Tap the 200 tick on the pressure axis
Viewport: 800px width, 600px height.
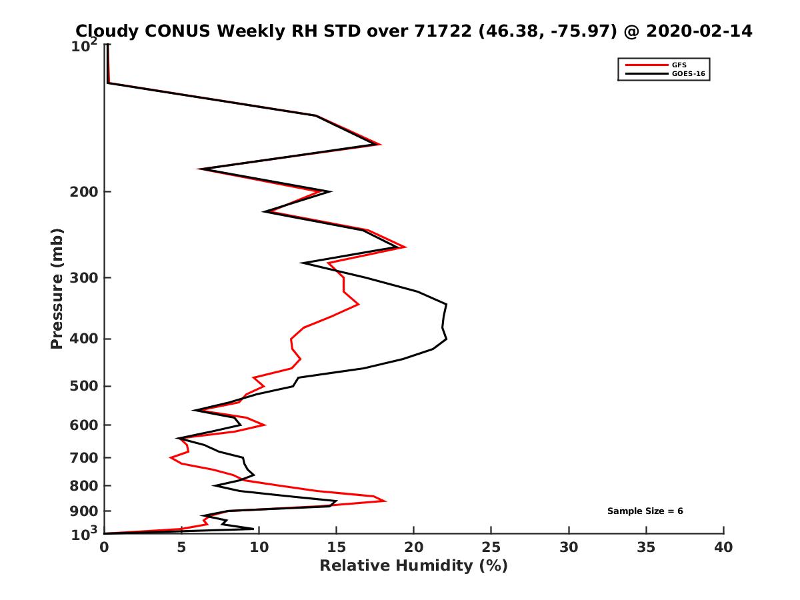click(x=84, y=192)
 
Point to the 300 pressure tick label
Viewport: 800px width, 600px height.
click(x=84, y=277)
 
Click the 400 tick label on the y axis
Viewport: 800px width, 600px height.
click(x=84, y=339)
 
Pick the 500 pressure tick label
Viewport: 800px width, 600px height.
click(x=84, y=386)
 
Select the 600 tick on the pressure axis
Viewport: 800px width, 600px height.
click(x=84, y=425)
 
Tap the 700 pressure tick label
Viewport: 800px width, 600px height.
click(x=84, y=457)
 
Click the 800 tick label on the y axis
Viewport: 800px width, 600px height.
click(x=84, y=485)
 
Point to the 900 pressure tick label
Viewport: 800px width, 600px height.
click(x=84, y=511)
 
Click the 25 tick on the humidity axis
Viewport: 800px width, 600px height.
click(x=491, y=547)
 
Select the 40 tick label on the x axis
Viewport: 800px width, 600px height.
click(x=723, y=547)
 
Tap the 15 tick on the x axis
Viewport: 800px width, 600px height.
click(x=337, y=547)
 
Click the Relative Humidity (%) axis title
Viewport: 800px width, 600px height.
click(x=413, y=566)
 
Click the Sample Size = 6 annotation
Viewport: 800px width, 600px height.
click(x=645, y=511)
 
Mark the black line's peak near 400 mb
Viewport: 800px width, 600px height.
click(x=446, y=339)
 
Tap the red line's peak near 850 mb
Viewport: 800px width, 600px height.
click(x=385, y=501)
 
